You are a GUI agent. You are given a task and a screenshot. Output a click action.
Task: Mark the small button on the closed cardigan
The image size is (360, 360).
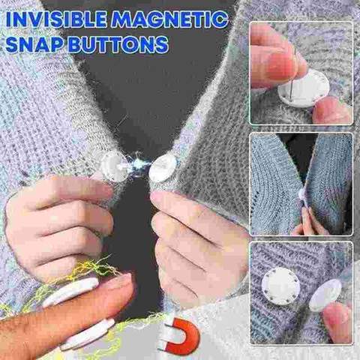[x=302, y=194]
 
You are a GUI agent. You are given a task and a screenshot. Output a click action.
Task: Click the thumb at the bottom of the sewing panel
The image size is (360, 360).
[x=330, y=111]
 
